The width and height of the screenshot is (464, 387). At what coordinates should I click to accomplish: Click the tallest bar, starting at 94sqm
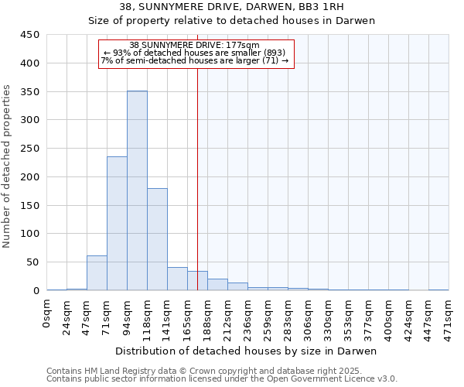point(137,190)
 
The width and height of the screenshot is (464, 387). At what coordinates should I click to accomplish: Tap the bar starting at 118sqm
point(157,239)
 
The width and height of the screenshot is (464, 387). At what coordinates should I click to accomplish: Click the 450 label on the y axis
point(29,35)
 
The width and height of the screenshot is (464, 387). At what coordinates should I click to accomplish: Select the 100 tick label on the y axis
point(29,234)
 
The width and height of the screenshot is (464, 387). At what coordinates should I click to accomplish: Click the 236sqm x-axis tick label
point(247,317)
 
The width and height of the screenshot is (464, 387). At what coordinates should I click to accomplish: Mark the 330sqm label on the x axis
point(328,317)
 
